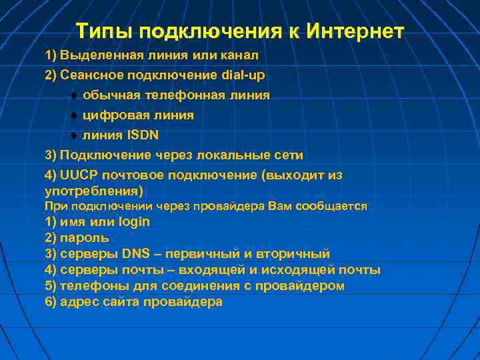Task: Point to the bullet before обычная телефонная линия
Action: tap(75, 95)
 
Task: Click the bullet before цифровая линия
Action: tap(75, 115)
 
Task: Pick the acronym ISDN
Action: tap(143, 135)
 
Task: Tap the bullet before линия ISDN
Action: tap(75, 135)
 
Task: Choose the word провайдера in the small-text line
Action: tap(229, 207)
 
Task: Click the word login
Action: tap(133, 222)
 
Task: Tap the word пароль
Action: tap(85, 238)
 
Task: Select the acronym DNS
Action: tap(137, 254)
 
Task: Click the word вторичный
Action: tap(297, 254)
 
